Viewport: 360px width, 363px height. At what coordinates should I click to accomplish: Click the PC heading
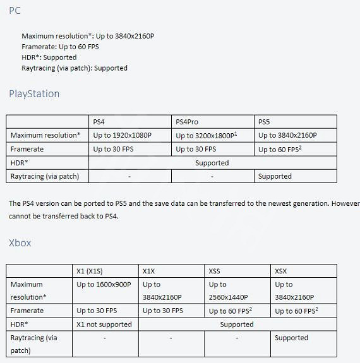pyautogui.click(x=14, y=11)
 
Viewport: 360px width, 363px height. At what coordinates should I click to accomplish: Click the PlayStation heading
pyautogui.click(x=34, y=94)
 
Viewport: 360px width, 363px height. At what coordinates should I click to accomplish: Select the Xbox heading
pyautogui.click(x=20, y=243)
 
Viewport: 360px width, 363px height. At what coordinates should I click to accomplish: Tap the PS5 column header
pyautogui.click(x=265, y=122)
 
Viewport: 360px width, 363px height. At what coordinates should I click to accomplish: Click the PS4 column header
pyautogui.click(x=99, y=122)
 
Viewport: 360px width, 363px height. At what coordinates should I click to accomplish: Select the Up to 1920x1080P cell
pyautogui.click(x=122, y=136)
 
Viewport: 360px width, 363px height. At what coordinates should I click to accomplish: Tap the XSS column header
pyautogui.click(x=215, y=271)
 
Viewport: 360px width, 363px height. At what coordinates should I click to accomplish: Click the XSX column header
pyautogui.click(x=281, y=271)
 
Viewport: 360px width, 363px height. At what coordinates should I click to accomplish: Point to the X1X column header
pyautogui.click(x=149, y=271)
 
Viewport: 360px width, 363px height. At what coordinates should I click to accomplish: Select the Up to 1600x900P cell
pyautogui.click(x=104, y=285)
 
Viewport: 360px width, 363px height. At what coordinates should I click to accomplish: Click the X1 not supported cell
pyautogui.click(x=104, y=324)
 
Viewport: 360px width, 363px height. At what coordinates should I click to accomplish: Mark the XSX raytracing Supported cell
pyautogui.click(x=291, y=338)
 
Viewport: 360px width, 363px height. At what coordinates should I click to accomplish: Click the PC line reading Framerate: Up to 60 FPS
pyautogui.click(x=60, y=47)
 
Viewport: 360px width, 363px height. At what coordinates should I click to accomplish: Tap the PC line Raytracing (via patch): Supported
pyautogui.click(x=75, y=68)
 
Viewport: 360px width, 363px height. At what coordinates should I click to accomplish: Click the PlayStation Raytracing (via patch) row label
pyautogui.click(x=45, y=176)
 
